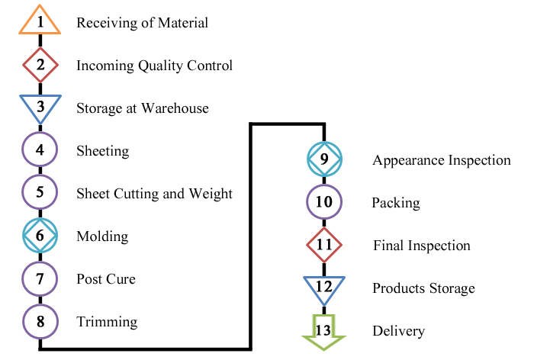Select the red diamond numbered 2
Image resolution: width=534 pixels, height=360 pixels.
click(40, 66)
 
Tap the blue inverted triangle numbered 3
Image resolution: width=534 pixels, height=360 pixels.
click(40, 106)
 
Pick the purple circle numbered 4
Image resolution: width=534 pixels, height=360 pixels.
click(40, 151)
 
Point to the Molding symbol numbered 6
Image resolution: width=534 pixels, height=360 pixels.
click(40, 236)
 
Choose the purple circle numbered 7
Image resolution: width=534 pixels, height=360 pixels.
click(40, 279)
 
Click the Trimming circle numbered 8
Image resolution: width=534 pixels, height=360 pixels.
click(40, 322)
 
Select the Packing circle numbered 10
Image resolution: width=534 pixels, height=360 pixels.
click(324, 203)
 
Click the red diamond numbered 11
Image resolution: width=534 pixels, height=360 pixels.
click(324, 246)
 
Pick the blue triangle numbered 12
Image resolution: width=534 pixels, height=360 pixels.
click(324, 287)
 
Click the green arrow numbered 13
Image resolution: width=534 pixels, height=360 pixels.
click(324, 329)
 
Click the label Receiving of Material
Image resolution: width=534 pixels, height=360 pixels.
click(142, 23)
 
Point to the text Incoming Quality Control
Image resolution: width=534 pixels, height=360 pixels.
click(154, 66)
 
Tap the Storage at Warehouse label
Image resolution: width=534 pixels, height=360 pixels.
click(142, 108)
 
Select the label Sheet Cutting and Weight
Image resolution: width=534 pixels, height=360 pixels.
click(154, 194)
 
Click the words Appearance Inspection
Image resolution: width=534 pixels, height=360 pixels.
click(441, 160)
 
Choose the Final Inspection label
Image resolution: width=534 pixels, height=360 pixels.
click(421, 246)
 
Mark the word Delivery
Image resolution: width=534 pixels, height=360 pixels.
click(398, 331)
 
